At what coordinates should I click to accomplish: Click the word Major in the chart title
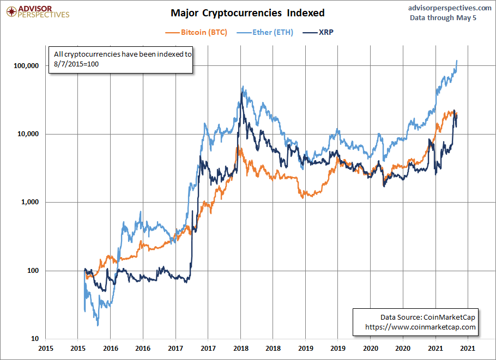coord(184,13)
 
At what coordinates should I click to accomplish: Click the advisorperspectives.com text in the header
coord(449,8)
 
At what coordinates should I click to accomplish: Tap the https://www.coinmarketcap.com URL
coord(421,327)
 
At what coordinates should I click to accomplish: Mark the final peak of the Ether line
coord(456,60)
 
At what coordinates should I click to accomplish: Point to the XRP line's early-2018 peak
coord(241,94)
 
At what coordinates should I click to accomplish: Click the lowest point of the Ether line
coord(98,326)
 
